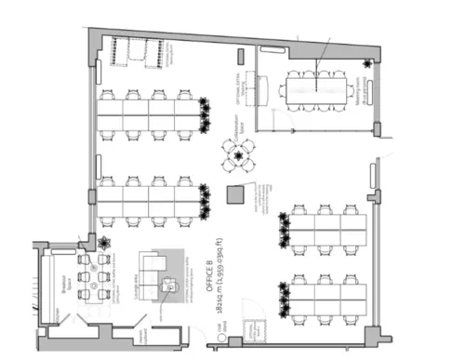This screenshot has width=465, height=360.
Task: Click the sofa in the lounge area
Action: [x=150, y=263]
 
